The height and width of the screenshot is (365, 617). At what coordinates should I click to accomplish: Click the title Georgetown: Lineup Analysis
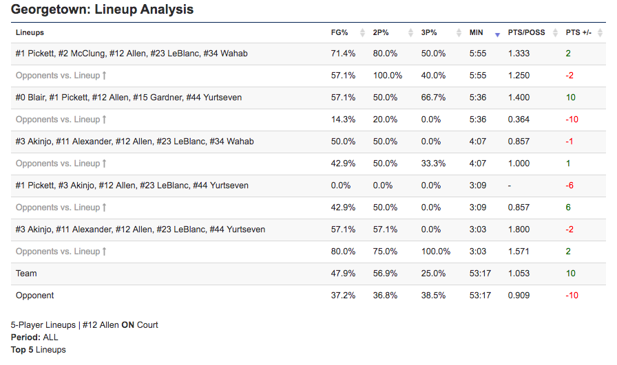click(x=102, y=10)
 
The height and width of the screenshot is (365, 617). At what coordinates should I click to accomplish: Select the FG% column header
click(x=339, y=32)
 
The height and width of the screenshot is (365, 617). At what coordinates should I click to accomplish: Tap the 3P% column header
click(x=429, y=32)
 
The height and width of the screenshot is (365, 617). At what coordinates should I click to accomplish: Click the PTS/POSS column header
click(x=526, y=32)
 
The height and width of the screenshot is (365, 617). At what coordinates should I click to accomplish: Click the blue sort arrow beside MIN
click(x=497, y=34)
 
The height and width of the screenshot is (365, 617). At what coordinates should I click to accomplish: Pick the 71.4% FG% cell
click(x=343, y=54)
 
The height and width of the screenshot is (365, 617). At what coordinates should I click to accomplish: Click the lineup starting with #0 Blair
click(x=128, y=98)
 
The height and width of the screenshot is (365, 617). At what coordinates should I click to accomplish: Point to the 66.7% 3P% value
click(x=432, y=98)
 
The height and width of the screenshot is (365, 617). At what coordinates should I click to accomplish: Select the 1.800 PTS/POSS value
click(x=519, y=230)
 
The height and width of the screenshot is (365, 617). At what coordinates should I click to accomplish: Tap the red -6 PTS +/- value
click(x=571, y=186)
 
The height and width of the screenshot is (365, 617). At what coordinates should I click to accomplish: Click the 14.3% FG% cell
click(x=343, y=120)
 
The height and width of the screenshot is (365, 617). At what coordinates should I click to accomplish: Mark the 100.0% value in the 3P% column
click(x=435, y=252)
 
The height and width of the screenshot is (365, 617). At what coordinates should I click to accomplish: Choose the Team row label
click(x=26, y=274)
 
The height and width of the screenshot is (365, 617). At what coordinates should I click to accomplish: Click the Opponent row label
click(x=34, y=296)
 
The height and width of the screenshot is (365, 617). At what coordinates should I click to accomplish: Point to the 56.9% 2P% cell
click(x=385, y=274)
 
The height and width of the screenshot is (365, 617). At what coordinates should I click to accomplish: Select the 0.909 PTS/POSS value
click(x=519, y=296)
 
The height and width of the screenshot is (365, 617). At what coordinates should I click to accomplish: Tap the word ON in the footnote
click(x=127, y=325)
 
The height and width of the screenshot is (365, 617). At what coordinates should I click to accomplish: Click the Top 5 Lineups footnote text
click(x=38, y=350)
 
